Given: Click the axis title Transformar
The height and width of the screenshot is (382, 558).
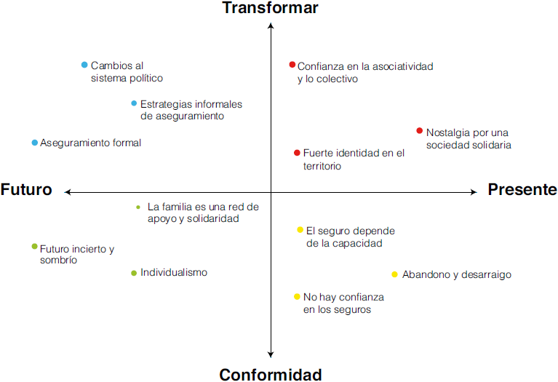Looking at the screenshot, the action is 270,8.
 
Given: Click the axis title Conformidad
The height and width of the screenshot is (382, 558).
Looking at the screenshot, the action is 270,375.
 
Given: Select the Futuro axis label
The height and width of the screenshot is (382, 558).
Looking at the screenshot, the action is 26,190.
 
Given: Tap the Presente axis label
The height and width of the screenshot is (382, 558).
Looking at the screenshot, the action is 522,190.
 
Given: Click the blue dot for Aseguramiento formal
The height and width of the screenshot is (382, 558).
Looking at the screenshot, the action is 34,143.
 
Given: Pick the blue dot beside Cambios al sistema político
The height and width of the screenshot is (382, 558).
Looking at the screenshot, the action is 84,65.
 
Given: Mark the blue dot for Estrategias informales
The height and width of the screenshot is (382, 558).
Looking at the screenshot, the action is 134,103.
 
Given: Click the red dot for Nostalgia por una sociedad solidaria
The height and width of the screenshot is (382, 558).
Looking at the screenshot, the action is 419,131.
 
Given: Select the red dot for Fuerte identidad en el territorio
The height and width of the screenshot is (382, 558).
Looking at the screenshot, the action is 297,153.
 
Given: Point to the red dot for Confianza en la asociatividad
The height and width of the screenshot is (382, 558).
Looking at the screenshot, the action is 292,65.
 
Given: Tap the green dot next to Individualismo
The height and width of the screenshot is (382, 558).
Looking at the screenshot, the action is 134,273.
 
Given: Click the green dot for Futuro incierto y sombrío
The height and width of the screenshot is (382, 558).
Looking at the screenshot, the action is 34,247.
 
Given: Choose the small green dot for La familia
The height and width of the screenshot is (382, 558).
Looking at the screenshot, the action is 138,207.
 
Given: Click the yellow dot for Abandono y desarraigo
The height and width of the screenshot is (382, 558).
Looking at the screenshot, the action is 394,274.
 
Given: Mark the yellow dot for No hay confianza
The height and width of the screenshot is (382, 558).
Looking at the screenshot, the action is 297,296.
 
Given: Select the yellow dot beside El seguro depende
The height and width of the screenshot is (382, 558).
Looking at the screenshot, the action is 300,230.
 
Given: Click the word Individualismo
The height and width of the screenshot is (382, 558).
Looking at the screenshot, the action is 174,273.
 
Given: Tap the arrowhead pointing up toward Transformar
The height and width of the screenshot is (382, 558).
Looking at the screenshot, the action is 271,25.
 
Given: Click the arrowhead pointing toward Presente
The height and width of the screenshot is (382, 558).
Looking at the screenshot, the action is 473,192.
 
